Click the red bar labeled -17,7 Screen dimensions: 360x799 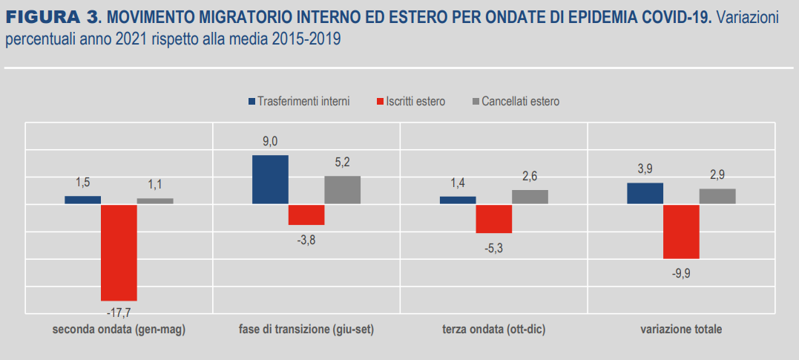[119, 252]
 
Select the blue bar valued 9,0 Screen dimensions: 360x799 [270, 179]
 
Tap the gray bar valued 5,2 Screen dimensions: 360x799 [342, 189]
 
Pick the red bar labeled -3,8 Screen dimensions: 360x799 [306, 214]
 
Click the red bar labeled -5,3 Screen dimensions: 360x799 [493, 218]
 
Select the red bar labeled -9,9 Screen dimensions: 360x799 [681, 231]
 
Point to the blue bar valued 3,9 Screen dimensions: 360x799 [645, 193]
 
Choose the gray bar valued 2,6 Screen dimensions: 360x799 [530, 196]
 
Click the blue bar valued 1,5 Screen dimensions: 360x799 [82, 200]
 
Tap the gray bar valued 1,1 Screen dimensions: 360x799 [155, 200]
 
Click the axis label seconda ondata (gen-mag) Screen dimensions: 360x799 [119, 329]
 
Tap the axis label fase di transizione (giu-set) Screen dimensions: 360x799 [306, 329]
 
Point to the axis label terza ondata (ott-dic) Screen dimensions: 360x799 [493, 329]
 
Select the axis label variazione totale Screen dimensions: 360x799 [681, 329]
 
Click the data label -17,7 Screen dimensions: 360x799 [119, 311]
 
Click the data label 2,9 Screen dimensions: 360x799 [717, 174]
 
